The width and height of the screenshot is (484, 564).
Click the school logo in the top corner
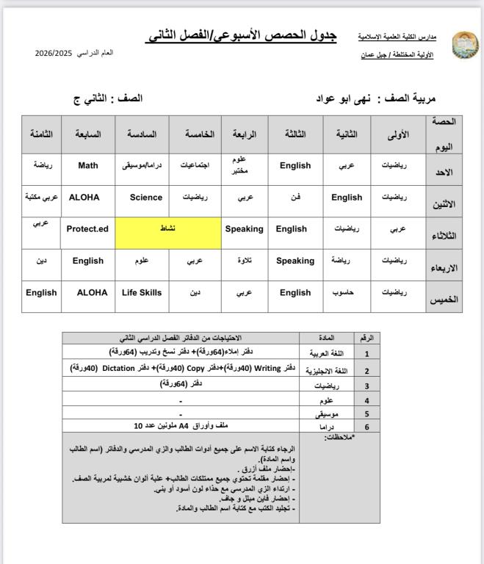click(x=463, y=46)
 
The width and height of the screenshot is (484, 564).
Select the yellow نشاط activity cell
click(x=168, y=228)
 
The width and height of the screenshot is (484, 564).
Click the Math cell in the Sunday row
click(x=88, y=165)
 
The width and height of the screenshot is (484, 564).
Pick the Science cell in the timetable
click(x=145, y=197)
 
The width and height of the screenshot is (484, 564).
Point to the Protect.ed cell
click(x=87, y=228)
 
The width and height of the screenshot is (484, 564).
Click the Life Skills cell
click(x=142, y=292)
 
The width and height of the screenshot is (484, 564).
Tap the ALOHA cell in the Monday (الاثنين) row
click(x=84, y=197)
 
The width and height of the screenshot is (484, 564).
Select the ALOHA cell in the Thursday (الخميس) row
click(x=92, y=292)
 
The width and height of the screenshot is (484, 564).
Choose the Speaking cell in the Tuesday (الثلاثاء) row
click(x=244, y=228)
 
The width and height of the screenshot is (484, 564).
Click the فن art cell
click(x=295, y=197)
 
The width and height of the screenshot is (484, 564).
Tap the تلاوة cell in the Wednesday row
click(x=244, y=260)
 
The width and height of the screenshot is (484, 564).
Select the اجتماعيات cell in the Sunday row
click(x=195, y=165)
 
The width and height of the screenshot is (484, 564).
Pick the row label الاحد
click(x=444, y=171)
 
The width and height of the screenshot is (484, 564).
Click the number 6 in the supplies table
click(x=366, y=425)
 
